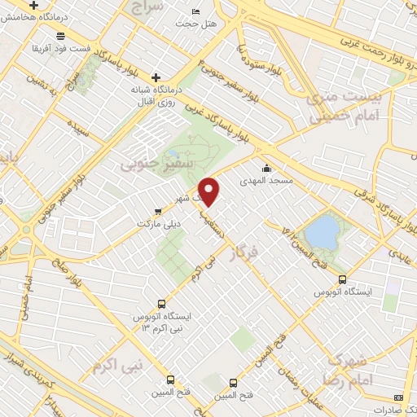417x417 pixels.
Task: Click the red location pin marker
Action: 210,190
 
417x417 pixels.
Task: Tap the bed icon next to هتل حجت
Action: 195,11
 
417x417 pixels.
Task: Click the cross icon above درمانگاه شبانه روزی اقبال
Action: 156,77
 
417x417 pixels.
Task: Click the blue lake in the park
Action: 323,230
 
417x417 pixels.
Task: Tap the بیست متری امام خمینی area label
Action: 332,108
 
